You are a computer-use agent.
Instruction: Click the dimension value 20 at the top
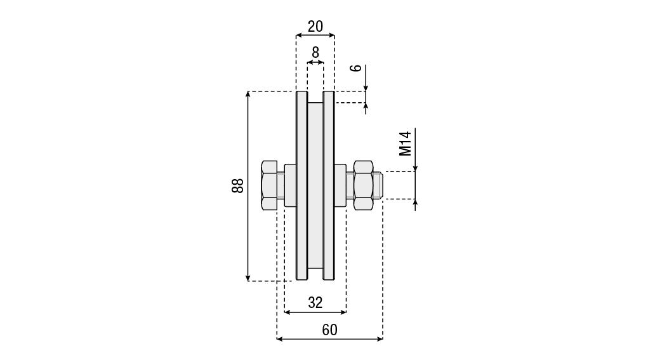315,27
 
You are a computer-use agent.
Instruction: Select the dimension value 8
315,53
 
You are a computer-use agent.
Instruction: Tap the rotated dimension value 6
356,68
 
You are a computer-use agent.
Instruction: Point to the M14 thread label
406,143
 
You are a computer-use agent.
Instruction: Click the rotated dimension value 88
237,186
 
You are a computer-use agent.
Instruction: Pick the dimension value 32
315,303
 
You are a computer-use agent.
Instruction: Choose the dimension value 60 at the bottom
329,330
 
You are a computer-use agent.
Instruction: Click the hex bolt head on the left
269,185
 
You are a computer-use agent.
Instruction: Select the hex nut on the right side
363,185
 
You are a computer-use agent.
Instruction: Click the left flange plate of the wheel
301,185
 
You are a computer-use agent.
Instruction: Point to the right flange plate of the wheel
329,185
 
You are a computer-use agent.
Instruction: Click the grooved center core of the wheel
315,185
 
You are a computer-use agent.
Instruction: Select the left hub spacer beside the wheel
291,185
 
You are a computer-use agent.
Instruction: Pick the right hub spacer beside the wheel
340,185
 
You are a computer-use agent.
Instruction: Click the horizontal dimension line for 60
330,339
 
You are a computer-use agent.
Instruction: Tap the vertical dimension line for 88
248,186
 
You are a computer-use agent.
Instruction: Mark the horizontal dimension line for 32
315,312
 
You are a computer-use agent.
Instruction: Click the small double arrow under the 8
315,62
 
